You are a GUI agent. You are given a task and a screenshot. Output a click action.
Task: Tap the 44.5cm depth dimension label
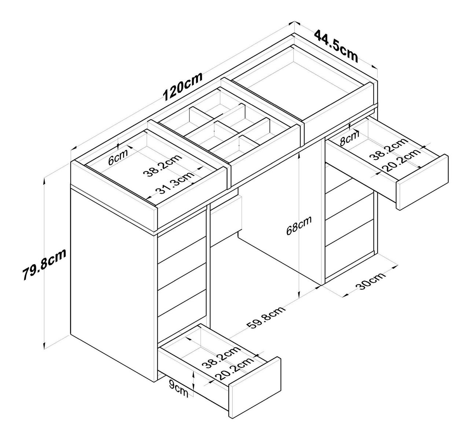coord(335,45)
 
